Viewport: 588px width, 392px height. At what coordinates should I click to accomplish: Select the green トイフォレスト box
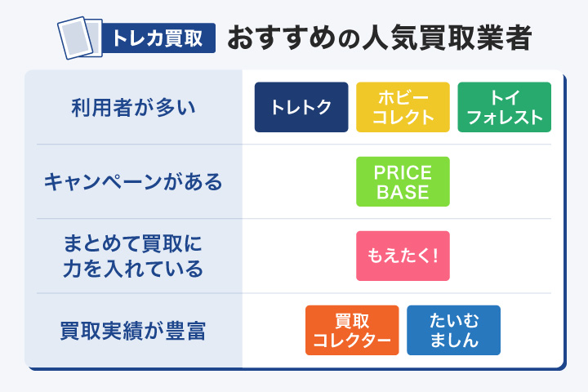[x=504, y=108]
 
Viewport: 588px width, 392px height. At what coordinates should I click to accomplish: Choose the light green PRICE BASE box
[x=403, y=181]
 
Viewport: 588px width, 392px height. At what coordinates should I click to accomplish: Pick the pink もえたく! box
[x=403, y=256]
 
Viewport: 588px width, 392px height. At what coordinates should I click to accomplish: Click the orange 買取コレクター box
[x=352, y=330]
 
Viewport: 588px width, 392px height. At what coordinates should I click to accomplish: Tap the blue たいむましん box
[x=453, y=330]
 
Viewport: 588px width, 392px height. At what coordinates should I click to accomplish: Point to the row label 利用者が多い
[x=133, y=108]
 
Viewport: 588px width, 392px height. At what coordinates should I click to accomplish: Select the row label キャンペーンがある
[x=133, y=181]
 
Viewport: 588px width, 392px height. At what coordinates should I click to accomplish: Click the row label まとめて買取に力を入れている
[x=133, y=256]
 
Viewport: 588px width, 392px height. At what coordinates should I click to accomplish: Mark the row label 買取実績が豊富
[x=133, y=331]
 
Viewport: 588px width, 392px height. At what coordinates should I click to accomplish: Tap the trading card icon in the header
[x=78, y=36]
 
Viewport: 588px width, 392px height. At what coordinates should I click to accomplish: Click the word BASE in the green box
[x=403, y=193]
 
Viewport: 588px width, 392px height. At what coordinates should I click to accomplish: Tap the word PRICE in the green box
[x=403, y=172]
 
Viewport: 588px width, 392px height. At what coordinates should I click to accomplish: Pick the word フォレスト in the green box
[x=504, y=118]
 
